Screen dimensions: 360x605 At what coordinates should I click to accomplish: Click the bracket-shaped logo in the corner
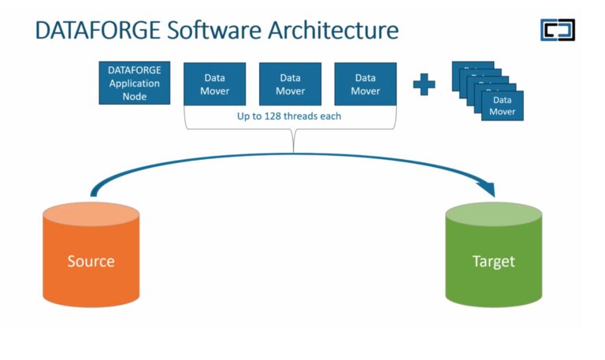click(x=557, y=30)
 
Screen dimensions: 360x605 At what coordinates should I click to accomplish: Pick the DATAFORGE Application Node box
click(x=134, y=83)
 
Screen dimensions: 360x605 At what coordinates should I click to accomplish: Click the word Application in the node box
click(x=134, y=83)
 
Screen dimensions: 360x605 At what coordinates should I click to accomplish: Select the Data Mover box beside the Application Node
click(x=215, y=84)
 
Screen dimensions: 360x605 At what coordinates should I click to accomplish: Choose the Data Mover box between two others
click(x=291, y=84)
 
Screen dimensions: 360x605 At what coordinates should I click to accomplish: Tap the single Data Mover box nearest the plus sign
click(x=366, y=84)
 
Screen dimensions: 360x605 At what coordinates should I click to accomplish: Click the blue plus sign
click(x=424, y=84)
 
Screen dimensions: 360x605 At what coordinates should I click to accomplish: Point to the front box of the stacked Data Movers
click(x=503, y=105)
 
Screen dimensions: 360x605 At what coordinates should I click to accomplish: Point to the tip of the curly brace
click(x=293, y=150)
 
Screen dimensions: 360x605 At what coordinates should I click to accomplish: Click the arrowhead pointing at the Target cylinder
click(x=488, y=189)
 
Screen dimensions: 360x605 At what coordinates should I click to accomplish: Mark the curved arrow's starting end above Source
click(x=94, y=192)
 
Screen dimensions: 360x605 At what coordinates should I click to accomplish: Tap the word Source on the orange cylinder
click(x=91, y=261)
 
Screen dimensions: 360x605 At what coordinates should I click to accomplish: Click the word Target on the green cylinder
click(x=493, y=261)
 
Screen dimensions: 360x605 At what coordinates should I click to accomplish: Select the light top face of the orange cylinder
click(x=91, y=215)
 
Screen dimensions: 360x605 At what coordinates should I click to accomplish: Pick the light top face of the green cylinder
click(x=493, y=214)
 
